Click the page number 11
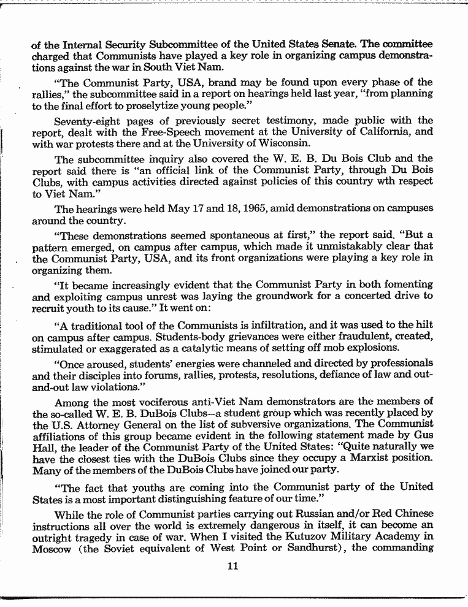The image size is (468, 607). (x=232, y=566)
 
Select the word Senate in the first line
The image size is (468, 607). (x=337, y=44)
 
